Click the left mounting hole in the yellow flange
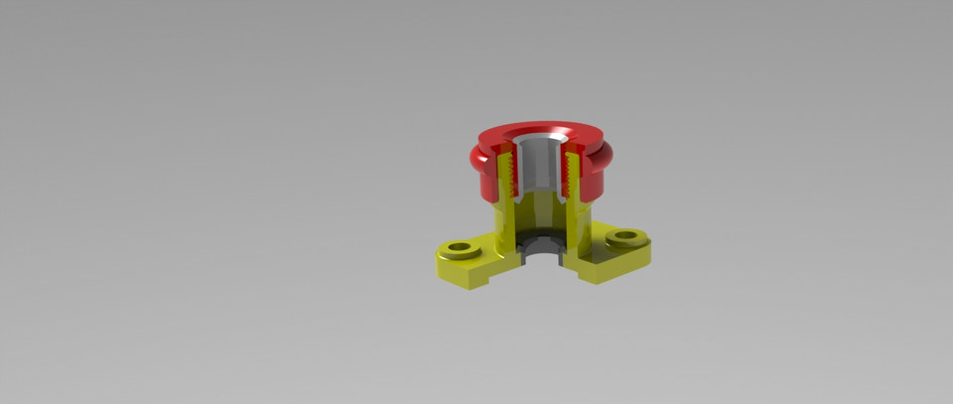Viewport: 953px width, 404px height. point(459,245)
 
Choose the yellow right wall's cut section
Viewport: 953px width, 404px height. point(581,223)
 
